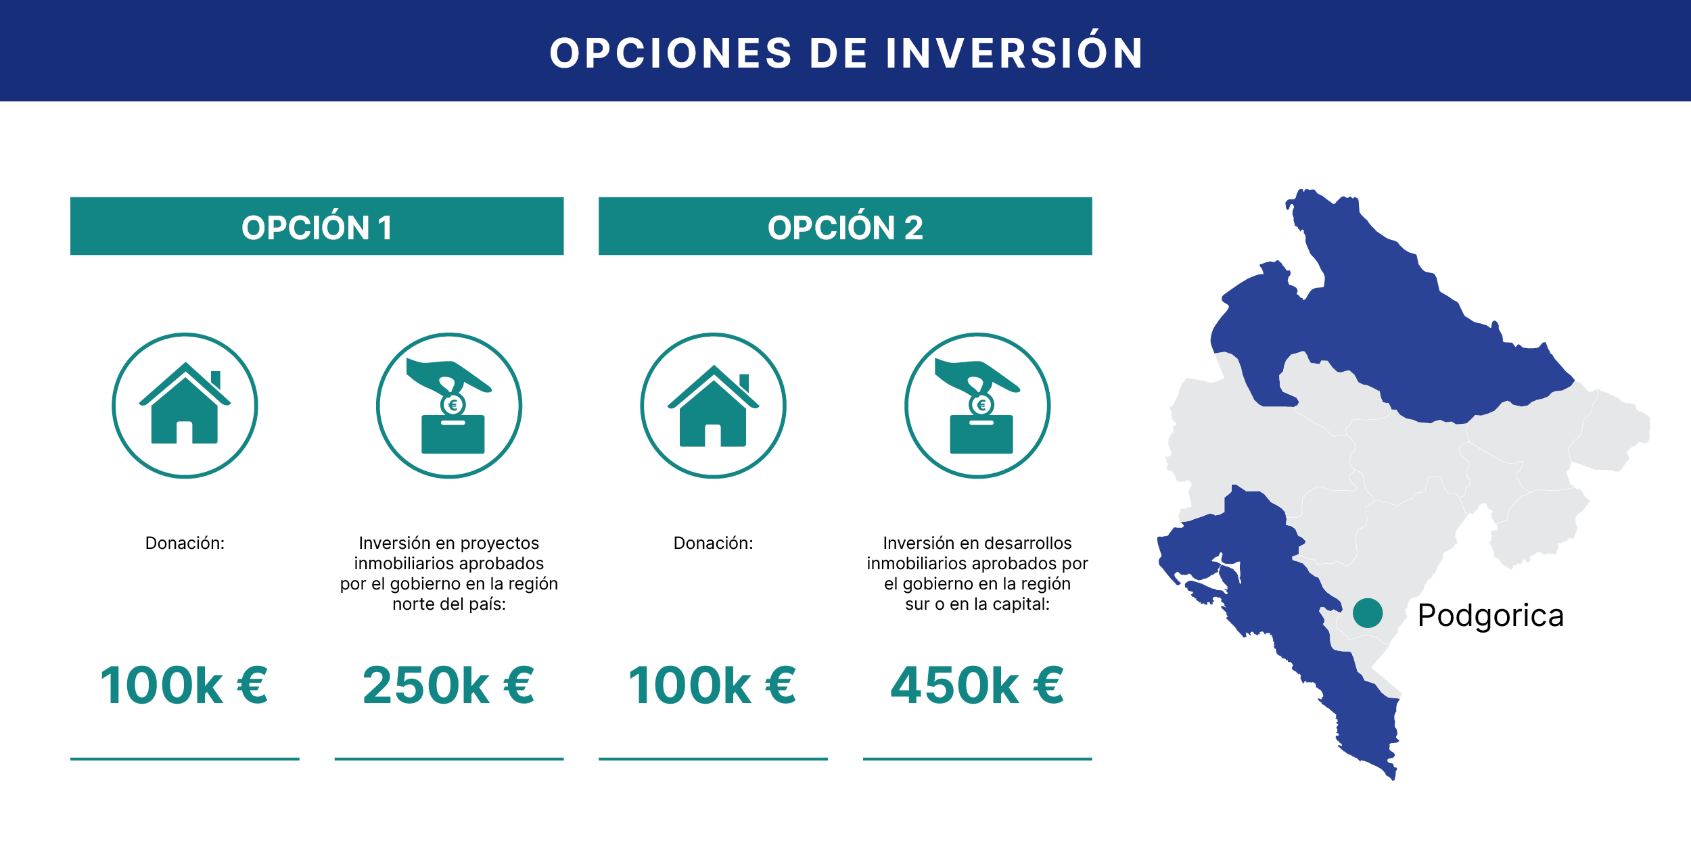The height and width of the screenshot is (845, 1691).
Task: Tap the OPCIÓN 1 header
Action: pyautogui.click(x=317, y=226)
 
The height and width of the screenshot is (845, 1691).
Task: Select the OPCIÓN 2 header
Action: pyautogui.click(x=845, y=226)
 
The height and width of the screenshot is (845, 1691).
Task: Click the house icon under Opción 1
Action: pyautogui.click(x=185, y=406)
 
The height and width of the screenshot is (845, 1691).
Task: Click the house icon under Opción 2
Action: pyautogui.click(x=713, y=406)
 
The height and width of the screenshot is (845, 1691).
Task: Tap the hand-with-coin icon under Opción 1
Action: pyautogui.click(x=449, y=406)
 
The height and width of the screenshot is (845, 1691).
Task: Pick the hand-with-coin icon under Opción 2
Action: pyautogui.click(x=977, y=406)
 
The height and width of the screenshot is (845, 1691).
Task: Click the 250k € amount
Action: pyautogui.click(x=448, y=685)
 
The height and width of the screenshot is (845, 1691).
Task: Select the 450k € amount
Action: pyautogui.click(x=977, y=685)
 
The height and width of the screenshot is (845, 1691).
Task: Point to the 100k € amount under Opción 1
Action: pyautogui.click(x=184, y=685)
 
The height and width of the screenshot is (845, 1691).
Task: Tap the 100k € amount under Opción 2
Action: pyautogui.click(x=712, y=685)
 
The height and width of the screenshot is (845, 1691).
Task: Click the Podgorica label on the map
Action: pyautogui.click(x=1490, y=616)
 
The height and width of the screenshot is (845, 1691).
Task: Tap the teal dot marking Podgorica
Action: pyautogui.click(x=1368, y=613)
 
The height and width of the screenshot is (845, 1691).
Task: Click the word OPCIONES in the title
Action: pyautogui.click(x=670, y=53)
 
